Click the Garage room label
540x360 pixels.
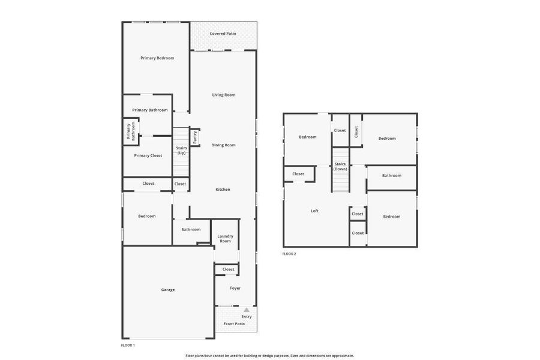click(x=168, y=290)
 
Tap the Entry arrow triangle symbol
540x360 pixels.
click(x=247, y=310)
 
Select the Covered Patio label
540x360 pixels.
click(x=223, y=34)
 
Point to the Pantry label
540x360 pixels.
click(x=195, y=137)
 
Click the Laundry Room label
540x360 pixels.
click(x=225, y=238)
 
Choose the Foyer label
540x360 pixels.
click(x=235, y=288)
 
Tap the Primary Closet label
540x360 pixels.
click(x=148, y=155)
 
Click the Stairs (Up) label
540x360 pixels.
click(x=181, y=150)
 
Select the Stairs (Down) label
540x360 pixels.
click(x=340, y=166)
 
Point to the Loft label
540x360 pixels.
click(x=314, y=211)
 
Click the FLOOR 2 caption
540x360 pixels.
click(x=289, y=254)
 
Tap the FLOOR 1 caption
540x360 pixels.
click(x=128, y=346)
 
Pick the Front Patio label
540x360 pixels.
click(x=234, y=323)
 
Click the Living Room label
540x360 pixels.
click(x=223, y=95)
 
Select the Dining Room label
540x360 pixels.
click(x=223, y=145)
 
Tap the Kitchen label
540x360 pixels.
click(x=223, y=190)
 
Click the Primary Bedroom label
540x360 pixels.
click(x=157, y=58)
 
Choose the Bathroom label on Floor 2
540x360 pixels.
click(x=392, y=176)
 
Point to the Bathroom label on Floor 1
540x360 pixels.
click(x=191, y=229)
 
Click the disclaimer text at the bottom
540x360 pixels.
click(x=269, y=356)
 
